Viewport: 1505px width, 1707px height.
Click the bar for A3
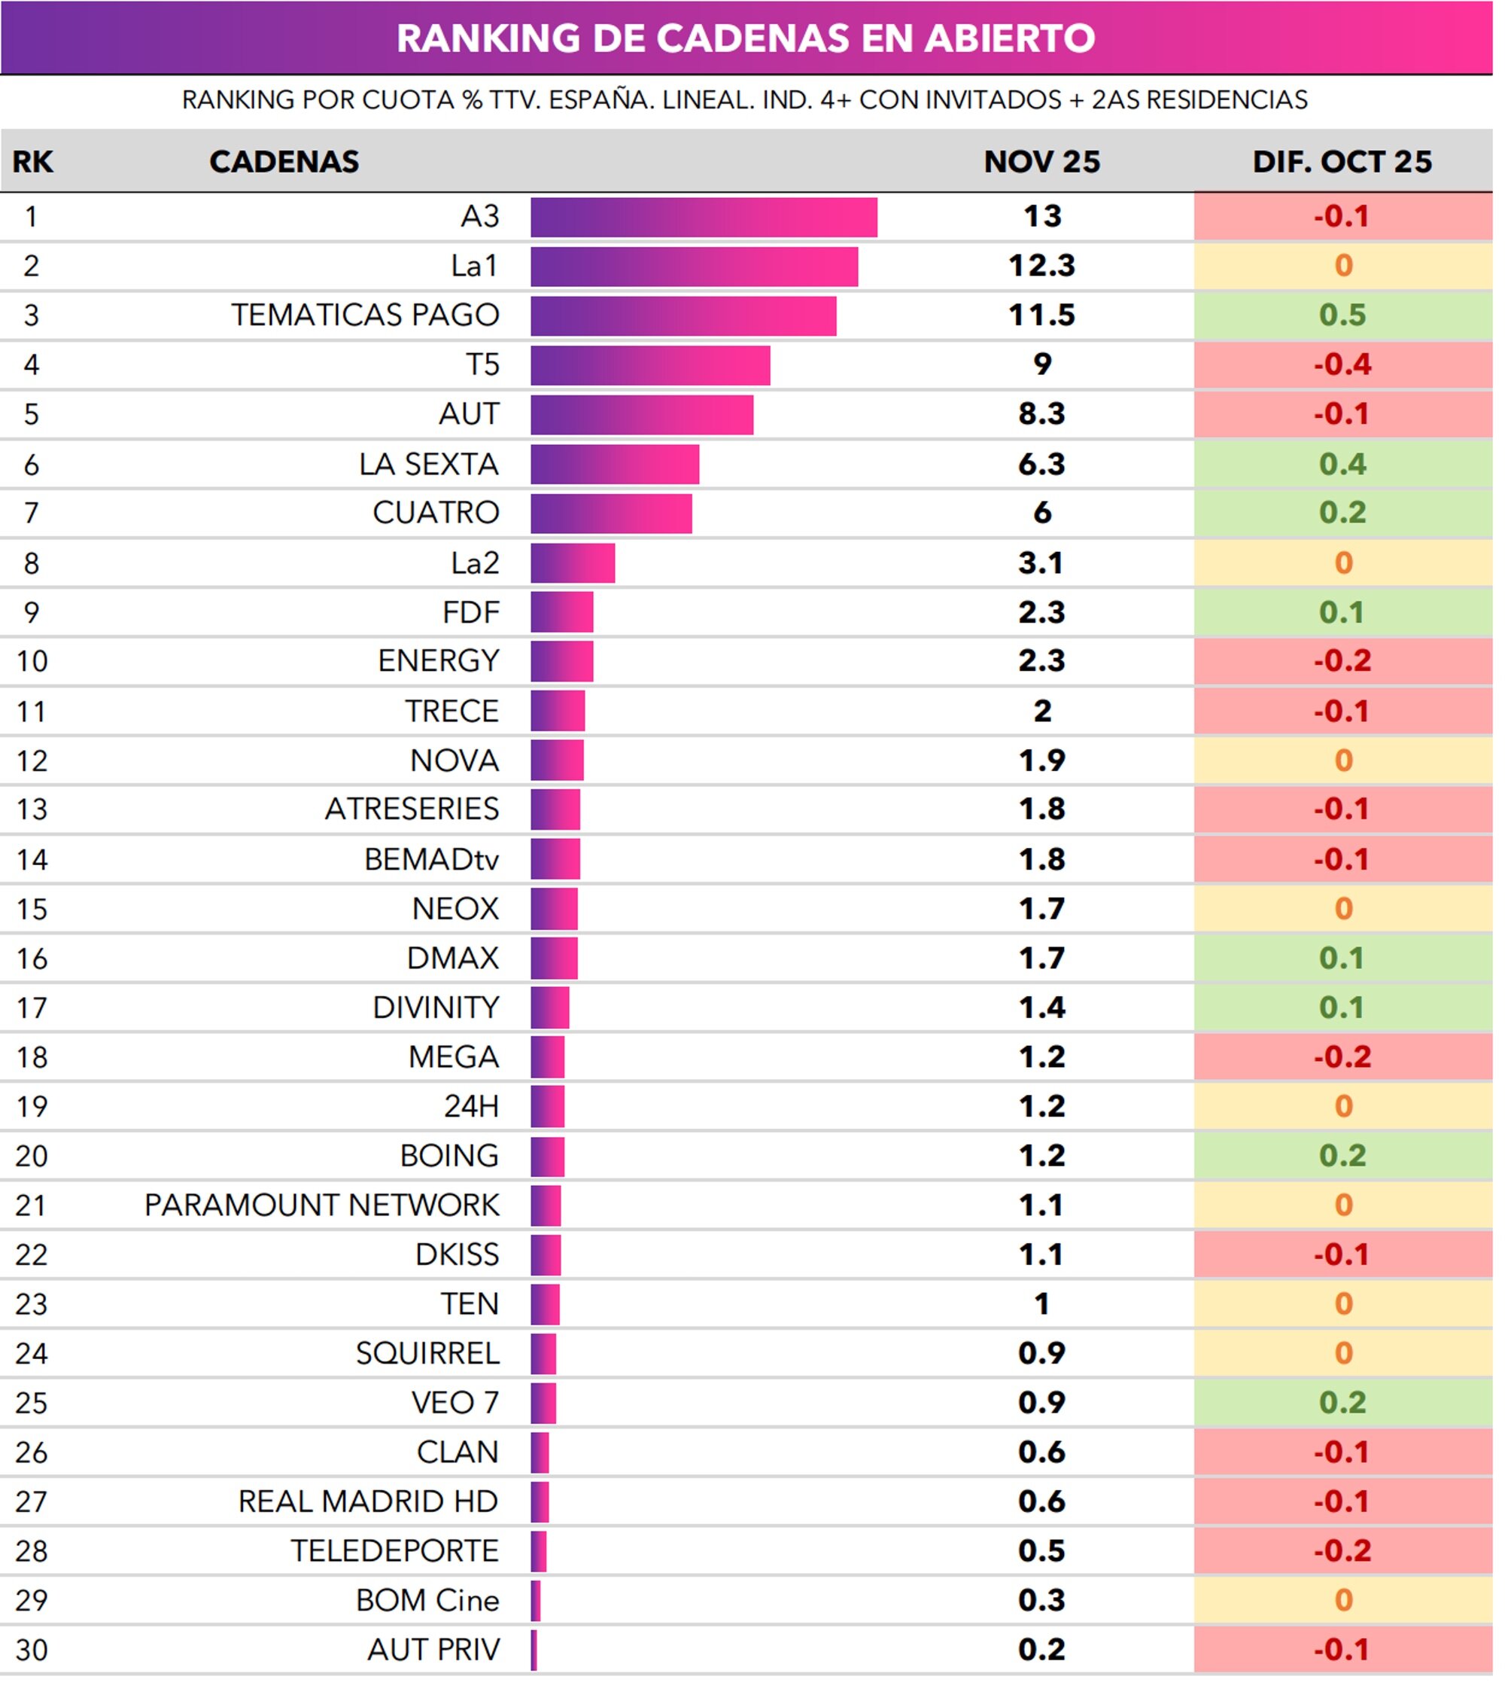click(703, 217)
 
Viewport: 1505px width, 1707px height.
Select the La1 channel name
click(474, 267)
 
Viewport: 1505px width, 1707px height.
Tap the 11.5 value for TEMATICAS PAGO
click(1041, 315)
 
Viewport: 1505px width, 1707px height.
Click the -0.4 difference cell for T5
click(1342, 365)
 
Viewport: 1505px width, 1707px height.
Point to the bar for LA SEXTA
click(614, 465)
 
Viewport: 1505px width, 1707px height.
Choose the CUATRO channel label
click(435, 513)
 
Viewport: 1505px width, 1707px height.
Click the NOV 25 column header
click(1041, 162)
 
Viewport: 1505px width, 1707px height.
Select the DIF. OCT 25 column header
click(1342, 162)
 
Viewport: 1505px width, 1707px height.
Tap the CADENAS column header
click(284, 162)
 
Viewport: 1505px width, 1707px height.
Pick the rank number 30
click(32, 1651)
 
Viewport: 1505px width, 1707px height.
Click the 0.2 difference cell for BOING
click(1342, 1157)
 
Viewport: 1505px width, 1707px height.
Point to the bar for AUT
click(641, 415)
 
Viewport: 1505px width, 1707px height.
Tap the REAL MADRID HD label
click(367, 1502)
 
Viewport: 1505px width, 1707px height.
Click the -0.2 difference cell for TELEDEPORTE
click(1342, 1552)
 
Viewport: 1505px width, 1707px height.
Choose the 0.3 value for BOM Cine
click(1041, 1601)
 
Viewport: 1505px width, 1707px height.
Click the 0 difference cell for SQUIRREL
click(1342, 1354)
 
